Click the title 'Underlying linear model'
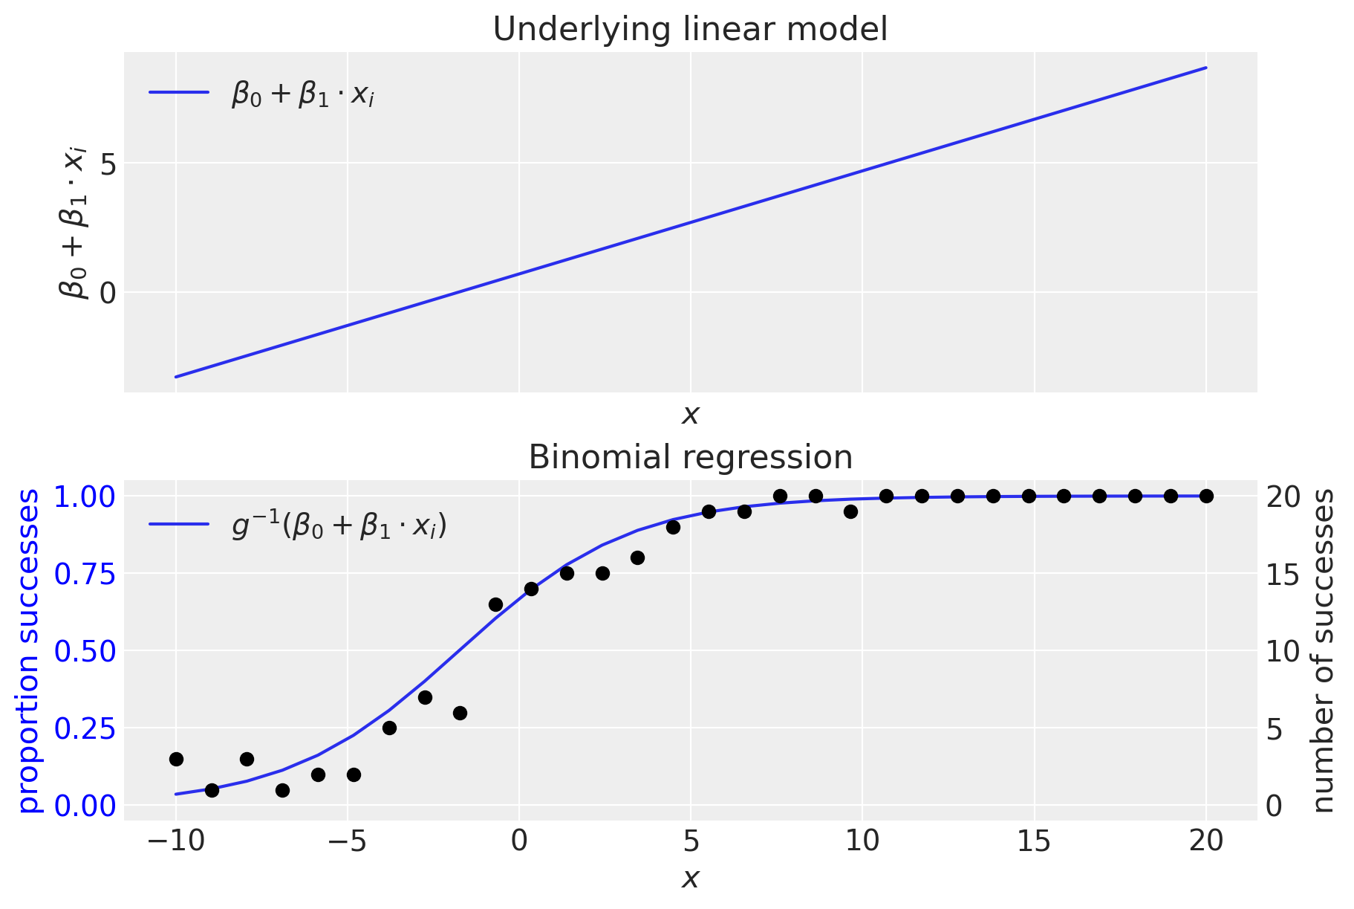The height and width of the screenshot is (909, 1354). [x=690, y=30]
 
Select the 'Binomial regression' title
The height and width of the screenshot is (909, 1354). [x=690, y=457]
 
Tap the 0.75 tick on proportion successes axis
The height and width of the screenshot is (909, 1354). [x=85, y=574]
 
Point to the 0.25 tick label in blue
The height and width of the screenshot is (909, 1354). [x=85, y=728]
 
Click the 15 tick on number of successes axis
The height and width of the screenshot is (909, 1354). [x=1283, y=574]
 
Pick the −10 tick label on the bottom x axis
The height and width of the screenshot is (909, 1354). [x=175, y=841]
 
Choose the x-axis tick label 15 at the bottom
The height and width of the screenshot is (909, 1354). [x=1034, y=841]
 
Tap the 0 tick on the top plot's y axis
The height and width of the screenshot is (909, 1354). [x=108, y=293]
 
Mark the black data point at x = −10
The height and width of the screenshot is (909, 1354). [x=176, y=759]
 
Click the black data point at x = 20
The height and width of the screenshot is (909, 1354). [x=1206, y=496]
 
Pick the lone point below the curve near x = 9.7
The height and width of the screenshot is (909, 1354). [x=850, y=511]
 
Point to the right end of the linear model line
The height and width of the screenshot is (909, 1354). [x=1206, y=68]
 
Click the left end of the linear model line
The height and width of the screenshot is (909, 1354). [x=176, y=377]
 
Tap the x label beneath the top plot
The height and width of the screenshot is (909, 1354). [x=690, y=415]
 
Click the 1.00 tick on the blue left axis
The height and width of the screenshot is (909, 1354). [x=85, y=496]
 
